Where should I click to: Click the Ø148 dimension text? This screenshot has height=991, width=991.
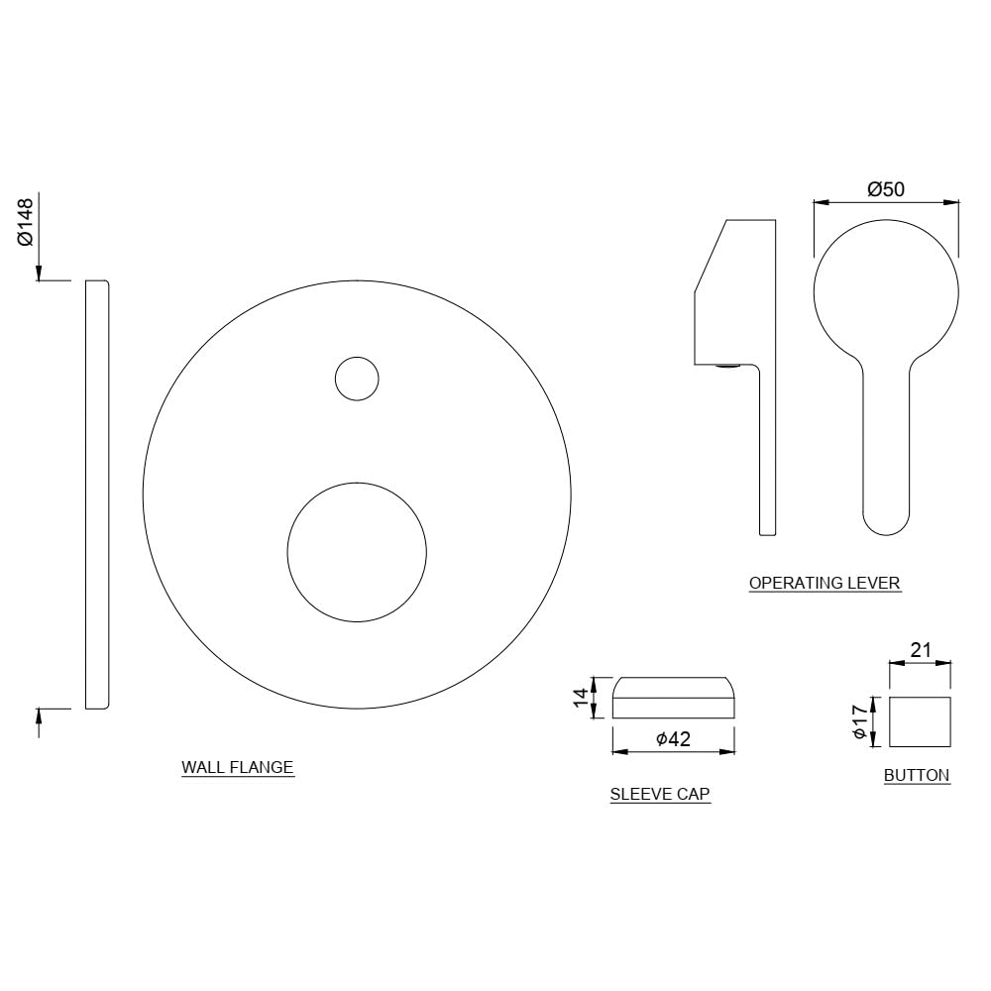point(26,222)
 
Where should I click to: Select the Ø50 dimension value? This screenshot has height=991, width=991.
point(885,189)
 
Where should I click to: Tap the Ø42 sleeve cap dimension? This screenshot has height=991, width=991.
point(673,738)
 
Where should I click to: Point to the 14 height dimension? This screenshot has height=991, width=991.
point(582,697)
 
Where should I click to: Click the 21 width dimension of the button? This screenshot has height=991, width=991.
point(921,650)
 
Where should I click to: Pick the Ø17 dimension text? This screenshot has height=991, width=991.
point(859,721)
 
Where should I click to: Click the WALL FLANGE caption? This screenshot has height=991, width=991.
point(238,767)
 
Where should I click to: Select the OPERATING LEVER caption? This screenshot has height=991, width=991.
point(825,583)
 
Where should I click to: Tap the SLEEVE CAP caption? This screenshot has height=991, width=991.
point(660,794)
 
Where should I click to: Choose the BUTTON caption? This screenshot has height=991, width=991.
point(917,776)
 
